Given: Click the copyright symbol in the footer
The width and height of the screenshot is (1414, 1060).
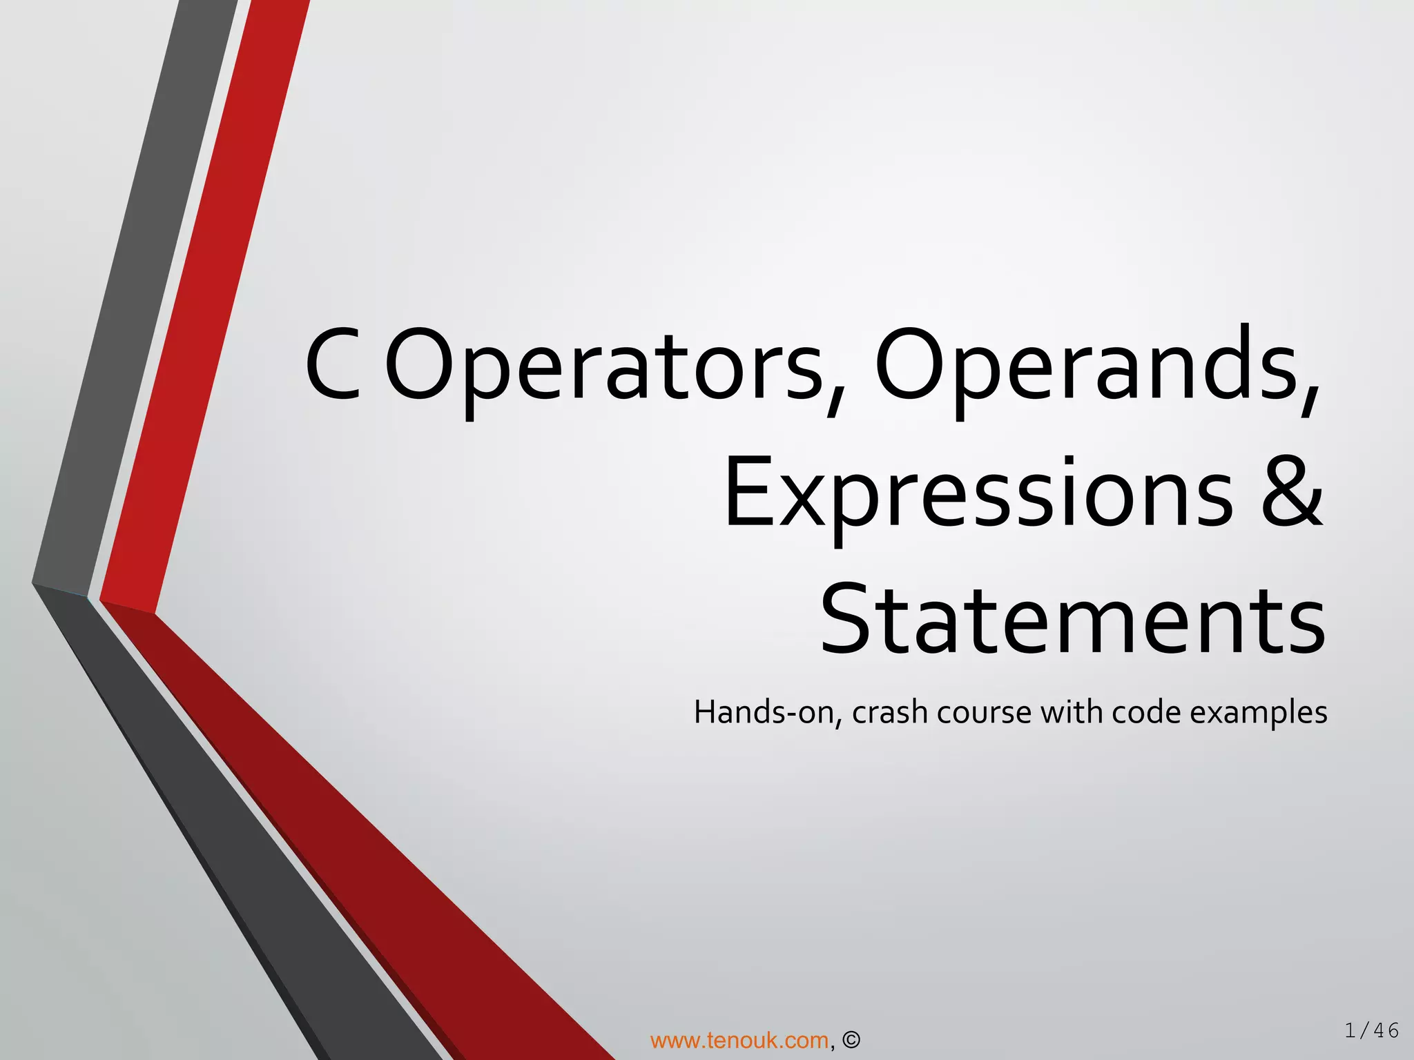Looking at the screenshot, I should [x=851, y=1040].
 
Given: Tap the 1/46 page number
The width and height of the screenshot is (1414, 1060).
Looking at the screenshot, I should [x=1371, y=1031].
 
